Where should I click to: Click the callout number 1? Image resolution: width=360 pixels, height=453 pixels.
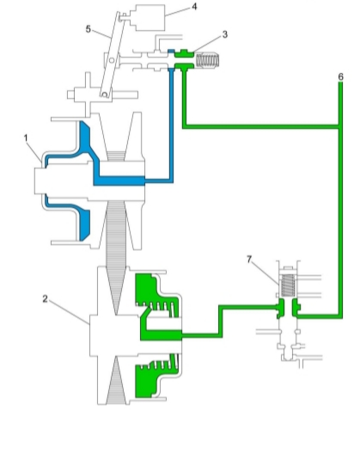pos(26,138)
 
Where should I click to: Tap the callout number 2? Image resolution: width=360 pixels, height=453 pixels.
pos(45,299)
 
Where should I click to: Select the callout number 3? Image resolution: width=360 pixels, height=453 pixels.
pos(225,34)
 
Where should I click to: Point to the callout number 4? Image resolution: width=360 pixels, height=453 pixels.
pos(194,7)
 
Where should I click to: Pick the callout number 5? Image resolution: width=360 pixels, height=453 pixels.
pos(88,29)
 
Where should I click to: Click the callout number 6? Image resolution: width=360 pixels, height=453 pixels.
pos(340,77)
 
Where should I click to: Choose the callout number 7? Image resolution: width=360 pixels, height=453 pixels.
pos(249,260)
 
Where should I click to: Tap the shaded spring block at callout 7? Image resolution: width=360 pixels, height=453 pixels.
pos(288,285)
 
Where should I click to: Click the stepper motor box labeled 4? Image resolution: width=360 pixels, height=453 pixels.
pos(148,18)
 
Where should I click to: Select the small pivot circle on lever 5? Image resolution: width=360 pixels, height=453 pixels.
pos(113,60)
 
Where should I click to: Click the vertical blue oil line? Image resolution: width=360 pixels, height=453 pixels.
pos(171,125)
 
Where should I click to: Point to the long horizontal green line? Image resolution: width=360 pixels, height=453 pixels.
pos(261,126)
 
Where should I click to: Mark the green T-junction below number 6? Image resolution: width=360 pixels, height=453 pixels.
pos(340,126)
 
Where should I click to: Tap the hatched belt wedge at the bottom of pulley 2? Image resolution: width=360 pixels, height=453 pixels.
pos(116,384)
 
